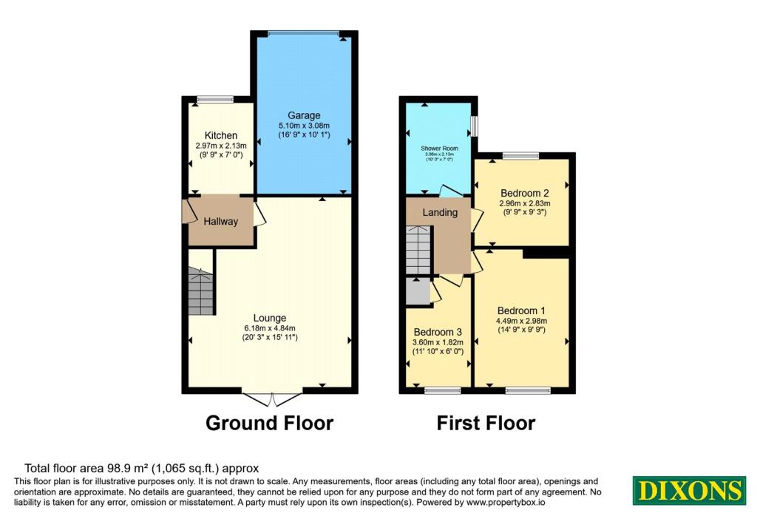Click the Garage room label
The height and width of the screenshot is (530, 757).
[304, 115]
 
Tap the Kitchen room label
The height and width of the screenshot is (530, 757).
[221, 135]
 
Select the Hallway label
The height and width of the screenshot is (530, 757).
[221, 221]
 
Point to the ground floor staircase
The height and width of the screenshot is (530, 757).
[200, 292]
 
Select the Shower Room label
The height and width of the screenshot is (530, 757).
[440, 149]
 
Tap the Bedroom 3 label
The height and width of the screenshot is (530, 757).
[438, 332]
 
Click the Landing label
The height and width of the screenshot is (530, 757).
[440, 213]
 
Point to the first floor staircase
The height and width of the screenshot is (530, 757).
[419, 250]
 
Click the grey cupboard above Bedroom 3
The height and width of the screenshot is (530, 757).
[418, 291]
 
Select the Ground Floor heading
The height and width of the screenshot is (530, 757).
[269, 424]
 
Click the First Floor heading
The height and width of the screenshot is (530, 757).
[486, 424]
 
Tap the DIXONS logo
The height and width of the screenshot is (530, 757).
[689, 491]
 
